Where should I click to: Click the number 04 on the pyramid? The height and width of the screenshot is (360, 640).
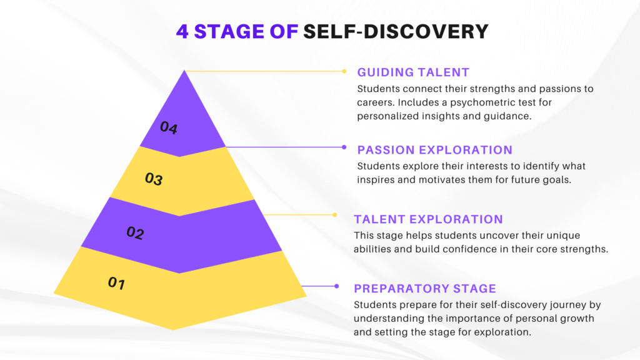click(x=169, y=127)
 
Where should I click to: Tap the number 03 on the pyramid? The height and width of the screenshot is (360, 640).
click(x=154, y=178)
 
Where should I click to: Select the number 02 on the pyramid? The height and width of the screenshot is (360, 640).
click(x=135, y=232)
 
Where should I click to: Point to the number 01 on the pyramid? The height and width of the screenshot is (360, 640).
click(x=116, y=282)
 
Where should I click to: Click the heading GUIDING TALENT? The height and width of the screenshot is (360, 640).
click(x=413, y=72)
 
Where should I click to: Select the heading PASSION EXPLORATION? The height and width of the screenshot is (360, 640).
click(x=435, y=150)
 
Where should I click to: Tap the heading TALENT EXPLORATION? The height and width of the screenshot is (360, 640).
click(x=428, y=219)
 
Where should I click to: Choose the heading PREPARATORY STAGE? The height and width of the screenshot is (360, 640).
click(x=425, y=289)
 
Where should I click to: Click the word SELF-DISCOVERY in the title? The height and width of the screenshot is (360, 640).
click(x=396, y=31)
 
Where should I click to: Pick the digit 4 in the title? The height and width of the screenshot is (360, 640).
click(x=182, y=31)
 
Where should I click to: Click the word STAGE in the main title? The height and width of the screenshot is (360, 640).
click(x=229, y=31)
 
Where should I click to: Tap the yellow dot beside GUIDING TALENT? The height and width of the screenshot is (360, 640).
click(x=344, y=71)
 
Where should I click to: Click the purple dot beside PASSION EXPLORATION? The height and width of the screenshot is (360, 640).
click(x=344, y=147)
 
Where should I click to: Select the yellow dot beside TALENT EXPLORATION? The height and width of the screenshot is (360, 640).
click(x=335, y=215)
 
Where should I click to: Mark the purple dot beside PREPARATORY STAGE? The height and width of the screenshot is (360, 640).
click(x=336, y=286)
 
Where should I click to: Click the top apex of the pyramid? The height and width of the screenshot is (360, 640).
click(x=184, y=71)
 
